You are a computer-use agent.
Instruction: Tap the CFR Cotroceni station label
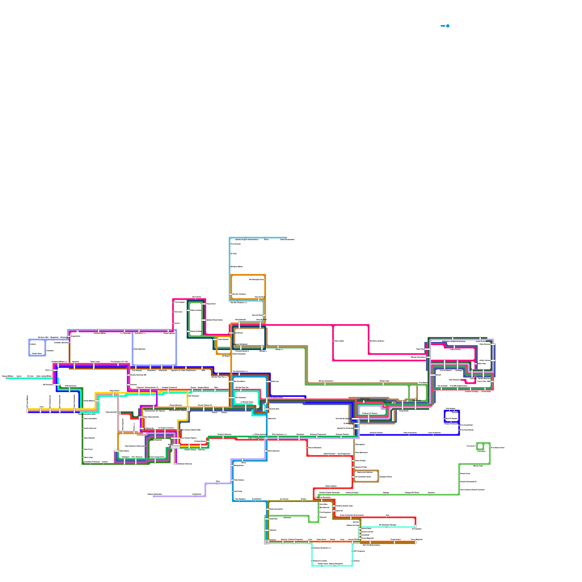tap(71, 386)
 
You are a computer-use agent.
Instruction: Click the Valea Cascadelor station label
tap(90, 419)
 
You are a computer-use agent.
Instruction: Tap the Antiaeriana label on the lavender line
tap(197, 494)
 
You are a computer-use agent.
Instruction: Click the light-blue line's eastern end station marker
tap(286, 238)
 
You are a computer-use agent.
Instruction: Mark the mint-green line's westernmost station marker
tap(7, 378)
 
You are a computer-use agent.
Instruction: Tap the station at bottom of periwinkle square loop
tap(36, 355)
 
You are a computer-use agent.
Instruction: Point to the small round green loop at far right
tap(480, 446)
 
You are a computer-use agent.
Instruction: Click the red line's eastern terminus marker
tap(415, 526)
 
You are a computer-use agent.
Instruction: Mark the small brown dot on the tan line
tap(394, 402)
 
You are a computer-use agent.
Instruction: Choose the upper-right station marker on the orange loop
tap(265, 280)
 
